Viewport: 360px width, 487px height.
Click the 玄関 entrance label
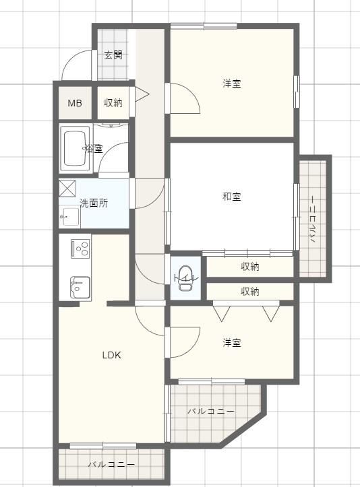pyautogui.click(x=113, y=55)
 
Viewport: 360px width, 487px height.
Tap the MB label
pyautogui.click(x=75, y=103)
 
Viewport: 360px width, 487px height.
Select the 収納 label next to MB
pyautogui.click(x=113, y=103)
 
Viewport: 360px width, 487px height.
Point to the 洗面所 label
pyautogui.click(x=94, y=203)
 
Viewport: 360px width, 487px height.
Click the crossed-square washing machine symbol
pyautogui.click(x=68, y=188)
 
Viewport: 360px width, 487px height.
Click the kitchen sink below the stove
pyautogui.click(x=80, y=286)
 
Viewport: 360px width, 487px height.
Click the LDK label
pyautogui.click(x=111, y=355)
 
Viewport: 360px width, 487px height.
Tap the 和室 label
pyautogui.click(x=232, y=197)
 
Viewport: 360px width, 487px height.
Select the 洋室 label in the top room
pyautogui.click(x=232, y=84)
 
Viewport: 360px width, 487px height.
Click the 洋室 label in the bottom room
pyautogui.click(x=232, y=343)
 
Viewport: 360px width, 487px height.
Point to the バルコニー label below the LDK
pyautogui.click(x=111, y=465)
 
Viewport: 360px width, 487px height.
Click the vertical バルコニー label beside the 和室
pyautogui.click(x=313, y=218)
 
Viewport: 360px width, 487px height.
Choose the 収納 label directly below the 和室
pyautogui.click(x=250, y=267)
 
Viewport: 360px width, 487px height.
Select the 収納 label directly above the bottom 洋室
pyautogui.click(x=250, y=292)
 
